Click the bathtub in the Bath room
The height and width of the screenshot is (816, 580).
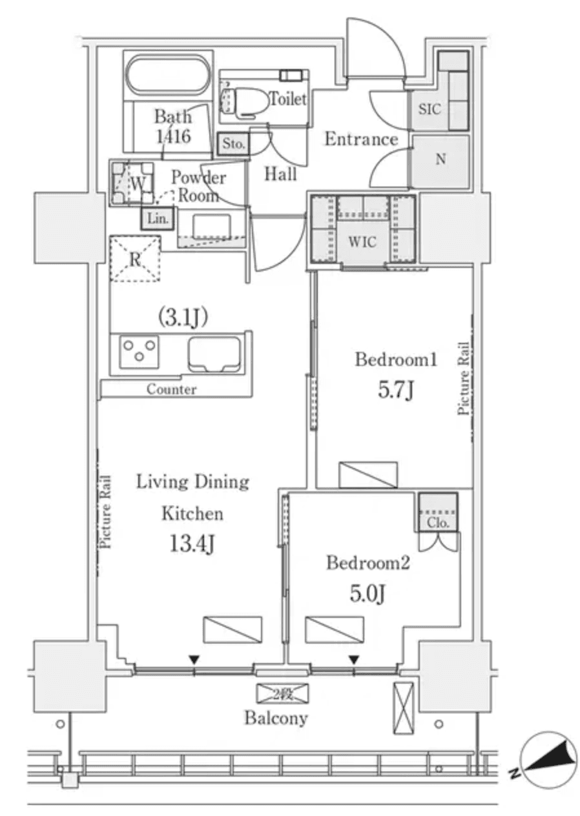168,77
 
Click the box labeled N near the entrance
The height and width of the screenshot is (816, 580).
440,161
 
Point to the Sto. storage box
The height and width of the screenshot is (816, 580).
233,144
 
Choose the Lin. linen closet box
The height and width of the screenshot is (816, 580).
158,218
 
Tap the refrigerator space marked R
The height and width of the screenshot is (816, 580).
134,259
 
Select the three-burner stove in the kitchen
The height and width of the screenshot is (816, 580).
139,352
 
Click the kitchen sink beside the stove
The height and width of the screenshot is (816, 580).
214,354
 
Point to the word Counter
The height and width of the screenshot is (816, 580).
171,389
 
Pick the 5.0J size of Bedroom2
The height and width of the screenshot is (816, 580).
368,593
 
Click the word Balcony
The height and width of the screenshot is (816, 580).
276,718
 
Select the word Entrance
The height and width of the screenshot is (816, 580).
360,139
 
